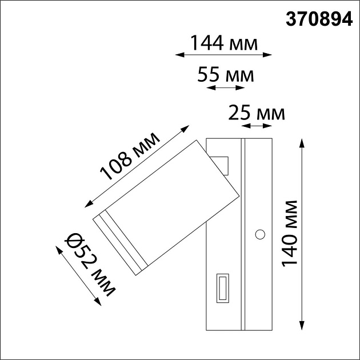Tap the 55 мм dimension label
pos(225,75)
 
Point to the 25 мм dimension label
pos(256,113)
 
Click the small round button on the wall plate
pos(260,234)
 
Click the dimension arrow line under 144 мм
pos(223,55)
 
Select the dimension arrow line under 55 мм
pos(224,88)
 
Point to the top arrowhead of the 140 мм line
pos(302,142)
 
